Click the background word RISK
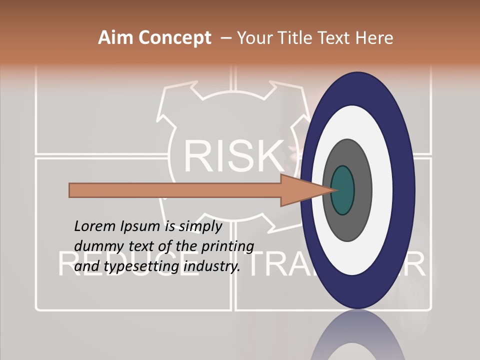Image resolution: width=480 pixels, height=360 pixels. tap(232, 155)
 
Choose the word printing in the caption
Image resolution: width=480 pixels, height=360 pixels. tap(227, 246)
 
